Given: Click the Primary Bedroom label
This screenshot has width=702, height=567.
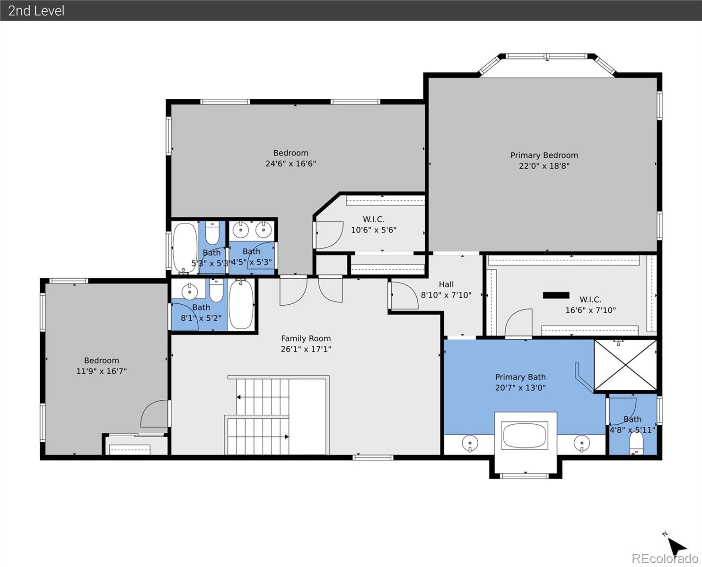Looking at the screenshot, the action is (544, 155).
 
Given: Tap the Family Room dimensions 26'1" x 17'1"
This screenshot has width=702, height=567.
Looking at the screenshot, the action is (306, 349).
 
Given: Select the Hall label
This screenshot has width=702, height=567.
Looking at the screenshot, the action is (446, 284).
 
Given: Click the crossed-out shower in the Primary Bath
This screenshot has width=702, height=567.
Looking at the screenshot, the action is (625, 365).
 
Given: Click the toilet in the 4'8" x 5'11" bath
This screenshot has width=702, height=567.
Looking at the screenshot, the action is (636, 443).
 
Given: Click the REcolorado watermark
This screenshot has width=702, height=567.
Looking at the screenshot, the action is (665, 558).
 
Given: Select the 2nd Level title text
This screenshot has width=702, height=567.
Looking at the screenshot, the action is (36, 11).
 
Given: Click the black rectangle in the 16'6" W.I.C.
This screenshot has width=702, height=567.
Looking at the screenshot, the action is (556, 295).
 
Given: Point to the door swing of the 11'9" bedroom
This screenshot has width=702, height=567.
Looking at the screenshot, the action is (154, 413).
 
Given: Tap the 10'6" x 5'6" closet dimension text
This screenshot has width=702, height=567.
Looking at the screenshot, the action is (374, 230).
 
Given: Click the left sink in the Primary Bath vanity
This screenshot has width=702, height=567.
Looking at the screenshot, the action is (470, 443).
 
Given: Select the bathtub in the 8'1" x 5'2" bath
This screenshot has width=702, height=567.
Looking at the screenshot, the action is (241, 304).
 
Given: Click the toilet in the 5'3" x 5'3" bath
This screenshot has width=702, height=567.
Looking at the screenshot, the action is (212, 232).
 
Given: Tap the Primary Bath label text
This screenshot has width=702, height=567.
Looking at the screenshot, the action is (520, 377).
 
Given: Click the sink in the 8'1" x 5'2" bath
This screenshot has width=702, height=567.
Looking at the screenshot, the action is (190, 291).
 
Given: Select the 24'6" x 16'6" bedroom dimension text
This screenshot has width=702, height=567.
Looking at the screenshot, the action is (291, 164).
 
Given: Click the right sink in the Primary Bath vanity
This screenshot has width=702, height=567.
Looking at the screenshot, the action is (582, 443).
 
